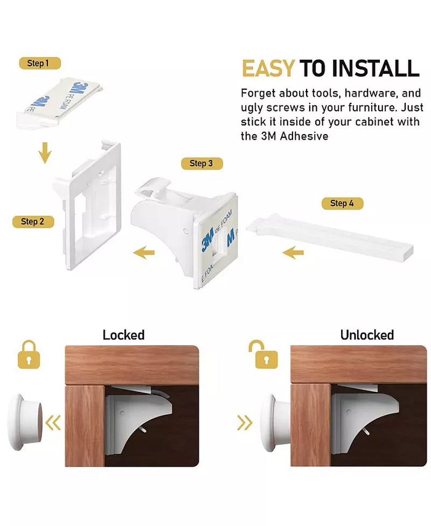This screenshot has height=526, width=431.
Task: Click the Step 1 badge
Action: click(x=40, y=63)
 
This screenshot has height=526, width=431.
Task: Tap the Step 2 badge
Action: click(x=33, y=222)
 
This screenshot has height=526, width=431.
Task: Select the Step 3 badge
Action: click(x=201, y=163)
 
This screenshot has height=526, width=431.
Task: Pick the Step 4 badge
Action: click(x=343, y=204)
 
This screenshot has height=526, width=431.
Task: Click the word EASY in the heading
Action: click(x=268, y=68)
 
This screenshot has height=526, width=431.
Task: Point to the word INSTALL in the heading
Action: click(x=376, y=68)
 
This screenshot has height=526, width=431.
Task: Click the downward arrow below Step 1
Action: click(x=45, y=153)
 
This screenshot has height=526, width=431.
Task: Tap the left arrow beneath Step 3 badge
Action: click(x=144, y=253)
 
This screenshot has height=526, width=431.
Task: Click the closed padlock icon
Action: click(x=29, y=355)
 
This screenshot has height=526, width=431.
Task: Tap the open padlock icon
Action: click(x=264, y=355)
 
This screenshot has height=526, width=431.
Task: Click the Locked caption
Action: click(x=123, y=335)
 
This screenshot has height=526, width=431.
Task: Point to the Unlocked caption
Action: click(x=367, y=335)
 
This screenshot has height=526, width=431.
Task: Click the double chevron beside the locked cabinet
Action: click(x=53, y=422)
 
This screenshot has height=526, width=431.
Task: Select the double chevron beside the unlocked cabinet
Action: click(x=245, y=422)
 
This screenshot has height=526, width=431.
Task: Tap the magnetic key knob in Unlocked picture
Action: click(x=275, y=423)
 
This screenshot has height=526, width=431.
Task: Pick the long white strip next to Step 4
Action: click(x=330, y=238)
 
